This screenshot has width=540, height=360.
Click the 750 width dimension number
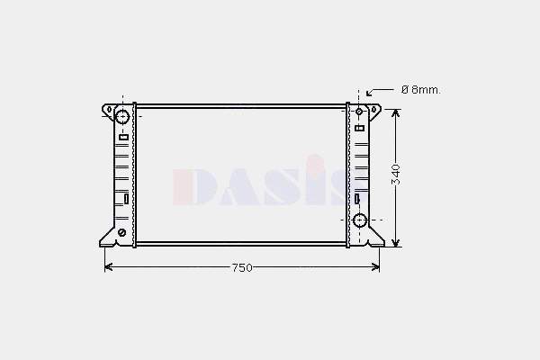pos(242,267)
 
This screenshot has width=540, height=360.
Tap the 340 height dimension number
pos(396,175)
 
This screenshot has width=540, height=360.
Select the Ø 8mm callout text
pos(421,90)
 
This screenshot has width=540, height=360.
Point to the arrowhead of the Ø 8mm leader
pos(368,94)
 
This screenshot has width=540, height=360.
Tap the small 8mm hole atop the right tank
pos(359,112)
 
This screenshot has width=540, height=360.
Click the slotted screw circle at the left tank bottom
pos(121,232)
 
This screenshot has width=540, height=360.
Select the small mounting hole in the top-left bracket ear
pos(110,110)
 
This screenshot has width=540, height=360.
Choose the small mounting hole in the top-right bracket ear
pos(374,110)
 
